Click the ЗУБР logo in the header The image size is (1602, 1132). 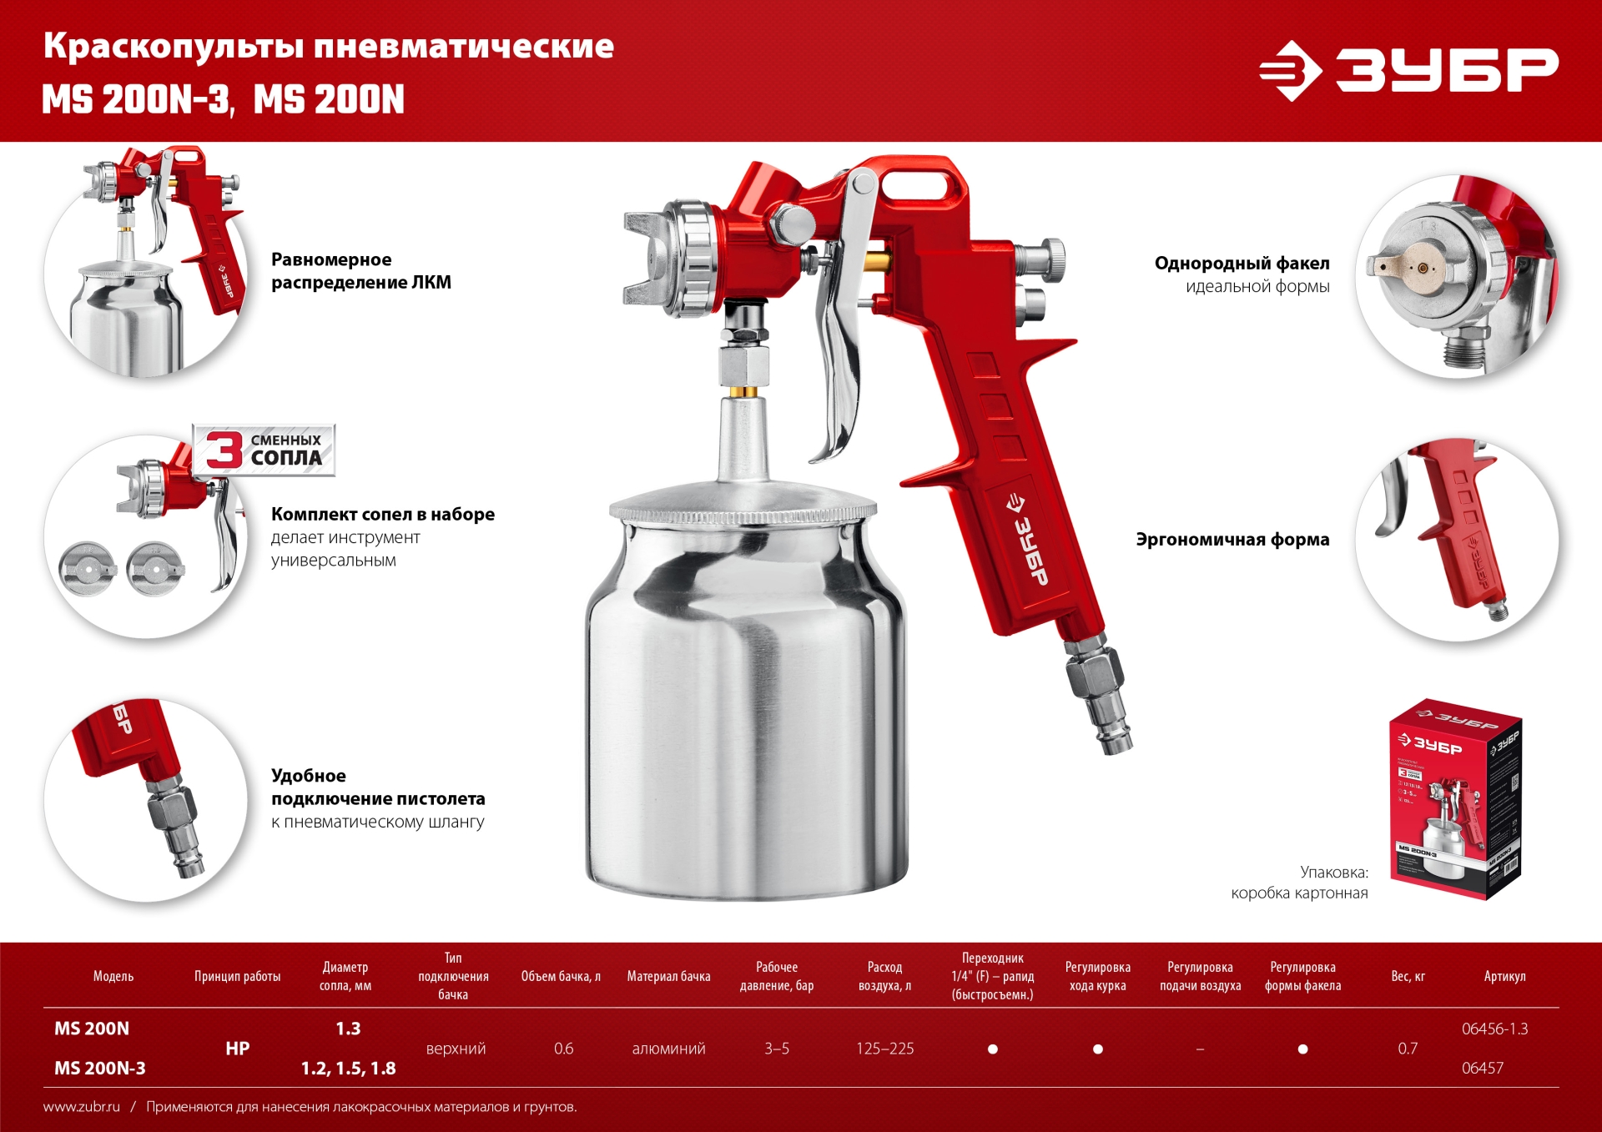pyautogui.click(x=1408, y=70)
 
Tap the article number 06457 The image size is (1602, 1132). pyautogui.click(x=1482, y=1068)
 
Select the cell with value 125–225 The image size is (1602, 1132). pyautogui.click(x=884, y=1049)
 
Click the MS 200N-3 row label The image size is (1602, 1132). pyautogui.click(x=99, y=1068)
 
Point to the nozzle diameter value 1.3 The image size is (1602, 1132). pyautogui.click(x=348, y=1029)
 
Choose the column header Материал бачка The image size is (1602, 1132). pyautogui.click(x=668, y=976)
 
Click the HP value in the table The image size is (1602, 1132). pyautogui.click(x=237, y=1049)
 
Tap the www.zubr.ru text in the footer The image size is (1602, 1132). pyautogui.click(x=82, y=1107)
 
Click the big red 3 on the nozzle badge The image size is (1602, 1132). pyautogui.click(x=224, y=450)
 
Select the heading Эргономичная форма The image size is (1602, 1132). pyautogui.click(x=1232, y=539)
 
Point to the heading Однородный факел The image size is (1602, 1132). pyautogui.click(x=1242, y=263)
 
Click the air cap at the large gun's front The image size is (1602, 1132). pyautogui.click(x=659, y=259)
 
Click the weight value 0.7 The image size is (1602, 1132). pyautogui.click(x=1408, y=1049)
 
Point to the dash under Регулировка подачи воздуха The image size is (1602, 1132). pyautogui.click(x=1200, y=1049)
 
